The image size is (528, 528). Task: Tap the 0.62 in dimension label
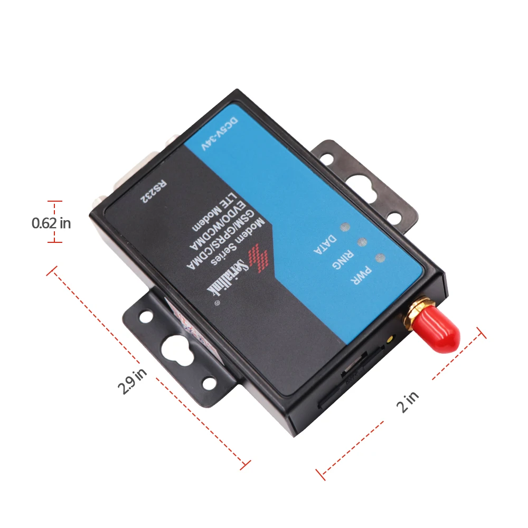(51, 223)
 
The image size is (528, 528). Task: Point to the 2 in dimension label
(408, 401)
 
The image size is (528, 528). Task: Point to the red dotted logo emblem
(260, 257)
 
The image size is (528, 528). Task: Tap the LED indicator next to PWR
(379, 258)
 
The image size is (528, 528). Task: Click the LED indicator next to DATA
(345, 227)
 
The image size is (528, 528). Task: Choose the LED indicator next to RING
(362, 242)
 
